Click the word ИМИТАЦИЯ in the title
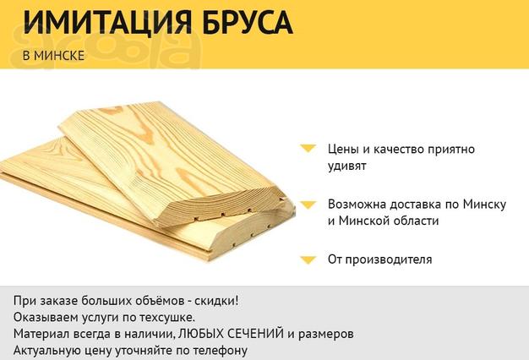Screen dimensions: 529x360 click(x=107, y=22)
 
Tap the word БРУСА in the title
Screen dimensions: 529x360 click(x=248, y=22)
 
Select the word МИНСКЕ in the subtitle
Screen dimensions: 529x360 click(x=59, y=56)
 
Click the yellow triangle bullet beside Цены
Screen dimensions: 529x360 click(x=308, y=149)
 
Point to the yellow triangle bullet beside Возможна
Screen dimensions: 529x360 click(x=308, y=205)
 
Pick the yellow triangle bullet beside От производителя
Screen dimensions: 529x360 click(x=308, y=259)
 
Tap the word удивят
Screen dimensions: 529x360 click(x=347, y=166)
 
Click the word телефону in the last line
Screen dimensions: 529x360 click(x=221, y=351)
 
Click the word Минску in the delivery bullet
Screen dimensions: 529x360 click(x=484, y=205)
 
